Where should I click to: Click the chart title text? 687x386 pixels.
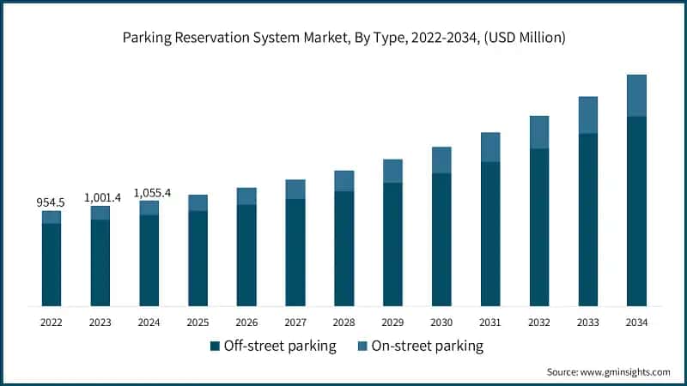(x=343, y=38)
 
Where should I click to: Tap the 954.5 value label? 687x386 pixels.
(x=51, y=202)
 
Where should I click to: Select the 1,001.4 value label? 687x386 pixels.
(x=102, y=197)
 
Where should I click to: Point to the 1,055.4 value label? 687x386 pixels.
(x=152, y=193)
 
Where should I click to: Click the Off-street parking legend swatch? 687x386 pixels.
(x=215, y=347)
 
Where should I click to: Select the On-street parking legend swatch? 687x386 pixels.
(x=363, y=347)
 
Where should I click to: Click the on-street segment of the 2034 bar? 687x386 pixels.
(x=636, y=95)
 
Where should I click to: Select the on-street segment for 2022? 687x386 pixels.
(x=51, y=217)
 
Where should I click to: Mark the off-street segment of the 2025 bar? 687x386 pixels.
(x=198, y=258)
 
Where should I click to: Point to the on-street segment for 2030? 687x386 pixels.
(x=441, y=160)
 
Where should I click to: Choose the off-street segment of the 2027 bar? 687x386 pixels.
(x=295, y=252)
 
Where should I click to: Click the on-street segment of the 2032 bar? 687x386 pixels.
(x=539, y=132)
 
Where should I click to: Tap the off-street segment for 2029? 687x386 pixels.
(x=392, y=244)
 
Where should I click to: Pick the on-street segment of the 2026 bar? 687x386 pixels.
(x=246, y=196)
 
